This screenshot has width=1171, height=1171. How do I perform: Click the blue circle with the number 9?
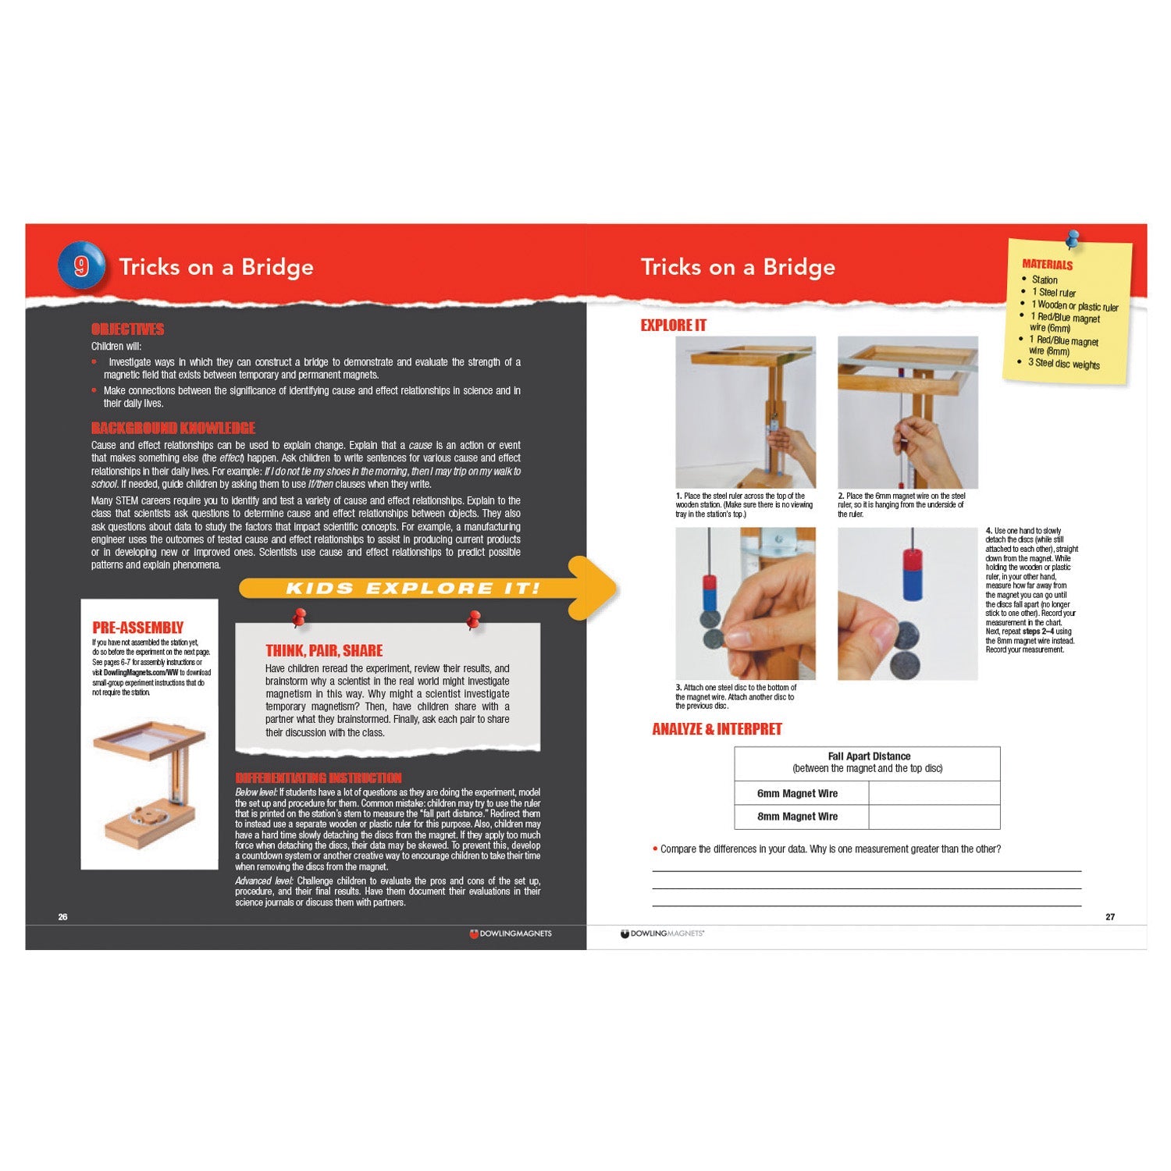[x=81, y=266]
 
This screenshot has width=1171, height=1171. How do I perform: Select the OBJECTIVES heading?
[x=127, y=329]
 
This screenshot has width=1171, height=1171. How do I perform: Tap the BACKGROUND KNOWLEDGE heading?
[x=173, y=428]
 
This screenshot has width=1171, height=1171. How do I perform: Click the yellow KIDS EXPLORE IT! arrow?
[x=426, y=589]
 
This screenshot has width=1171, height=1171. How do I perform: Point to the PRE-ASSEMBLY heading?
[x=137, y=628]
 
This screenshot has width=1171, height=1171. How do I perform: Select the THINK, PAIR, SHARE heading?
[x=324, y=650]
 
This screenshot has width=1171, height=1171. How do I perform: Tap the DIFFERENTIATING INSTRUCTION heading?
[x=318, y=778]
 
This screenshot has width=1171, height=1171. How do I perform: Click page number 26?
[x=63, y=917]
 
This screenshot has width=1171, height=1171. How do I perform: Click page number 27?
[x=1110, y=917]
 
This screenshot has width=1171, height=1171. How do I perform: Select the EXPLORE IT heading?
[x=673, y=326]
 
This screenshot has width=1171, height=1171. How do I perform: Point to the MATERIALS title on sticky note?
[x=1047, y=265]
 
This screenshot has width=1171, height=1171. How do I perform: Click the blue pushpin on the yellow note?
[x=1073, y=238]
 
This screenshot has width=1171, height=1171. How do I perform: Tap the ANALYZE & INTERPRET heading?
[x=717, y=729]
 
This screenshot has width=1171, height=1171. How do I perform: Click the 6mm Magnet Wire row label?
[x=797, y=793]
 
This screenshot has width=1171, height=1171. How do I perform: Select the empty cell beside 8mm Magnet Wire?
[x=934, y=817]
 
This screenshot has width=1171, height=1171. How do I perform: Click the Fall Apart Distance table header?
[x=867, y=763]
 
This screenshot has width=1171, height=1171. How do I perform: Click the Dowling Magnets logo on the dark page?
[x=511, y=934]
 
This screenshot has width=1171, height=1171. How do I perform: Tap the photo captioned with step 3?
[x=745, y=603]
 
